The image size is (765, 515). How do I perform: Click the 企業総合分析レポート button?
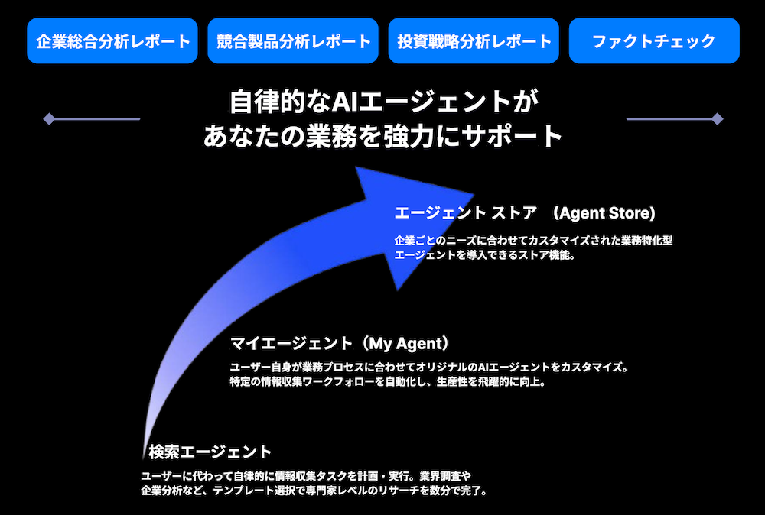[x=112, y=41]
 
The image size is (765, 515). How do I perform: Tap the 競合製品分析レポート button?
[x=293, y=41]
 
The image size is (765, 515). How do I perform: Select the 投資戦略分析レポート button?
[x=474, y=41]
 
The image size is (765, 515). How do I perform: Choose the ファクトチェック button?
[x=654, y=41]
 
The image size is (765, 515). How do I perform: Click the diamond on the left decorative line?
[x=49, y=119]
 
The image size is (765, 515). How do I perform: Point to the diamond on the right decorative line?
[x=718, y=119]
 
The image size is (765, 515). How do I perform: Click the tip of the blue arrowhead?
[x=474, y=194]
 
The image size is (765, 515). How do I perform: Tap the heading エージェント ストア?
[x=465, y=213]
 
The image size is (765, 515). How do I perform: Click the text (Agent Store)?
[x=607, y=213]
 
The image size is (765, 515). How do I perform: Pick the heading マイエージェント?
[x=291, y=344]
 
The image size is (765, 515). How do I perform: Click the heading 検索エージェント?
[x=210, y=452]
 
